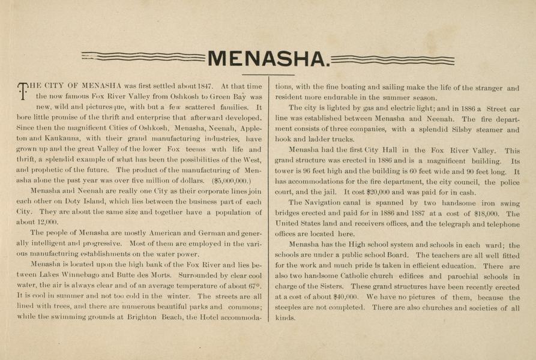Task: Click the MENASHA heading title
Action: [268, 59]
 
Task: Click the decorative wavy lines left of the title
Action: [143, 57]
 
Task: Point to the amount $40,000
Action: [345, 296]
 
